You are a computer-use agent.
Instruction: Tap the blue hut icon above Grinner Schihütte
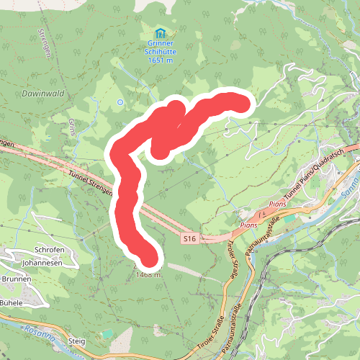[x=160, y=33]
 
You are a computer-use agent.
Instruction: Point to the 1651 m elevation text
[x=160, y=60]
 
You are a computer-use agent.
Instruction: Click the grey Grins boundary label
[x=72, y=127]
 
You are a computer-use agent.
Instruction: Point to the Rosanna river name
[x=40, y=331]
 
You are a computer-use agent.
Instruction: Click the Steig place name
[x=76, y=341]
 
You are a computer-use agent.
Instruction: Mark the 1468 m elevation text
[x=148, y=274]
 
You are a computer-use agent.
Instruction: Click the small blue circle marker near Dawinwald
[x=120, y=102]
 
